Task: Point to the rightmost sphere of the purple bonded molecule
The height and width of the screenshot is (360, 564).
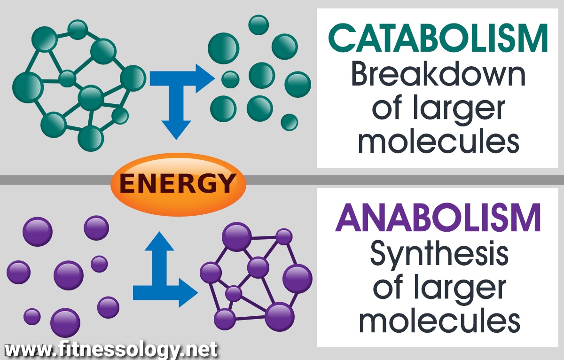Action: click(x=297, y=278)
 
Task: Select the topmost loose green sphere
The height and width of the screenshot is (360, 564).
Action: click(x=258, y=25)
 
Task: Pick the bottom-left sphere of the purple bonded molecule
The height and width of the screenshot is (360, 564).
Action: click(x=225, y=319)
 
